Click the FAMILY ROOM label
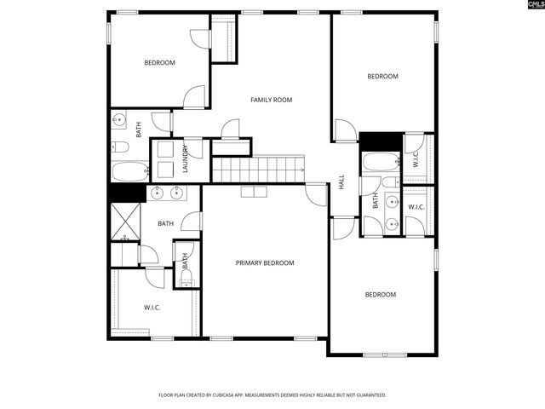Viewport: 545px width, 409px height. [271, 100]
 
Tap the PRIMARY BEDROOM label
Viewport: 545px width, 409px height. [265, 263]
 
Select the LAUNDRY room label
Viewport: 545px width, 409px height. [185, 159]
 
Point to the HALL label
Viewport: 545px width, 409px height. [341, 182]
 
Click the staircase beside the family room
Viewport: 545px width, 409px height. [258, 169]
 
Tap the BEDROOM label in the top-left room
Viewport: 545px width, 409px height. [159, 63]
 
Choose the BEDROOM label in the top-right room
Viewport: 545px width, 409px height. [382, 77]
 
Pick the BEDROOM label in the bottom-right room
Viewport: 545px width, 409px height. [381, 295]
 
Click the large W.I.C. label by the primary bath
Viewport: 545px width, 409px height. [152, 308]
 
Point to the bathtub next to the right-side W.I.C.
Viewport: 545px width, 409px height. [378, 162]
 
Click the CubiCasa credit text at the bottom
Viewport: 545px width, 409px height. [272, 395]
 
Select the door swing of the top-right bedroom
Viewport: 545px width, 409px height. [345, 131]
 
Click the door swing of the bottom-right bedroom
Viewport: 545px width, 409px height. [344, 228]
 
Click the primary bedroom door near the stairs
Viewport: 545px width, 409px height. [316, 194]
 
